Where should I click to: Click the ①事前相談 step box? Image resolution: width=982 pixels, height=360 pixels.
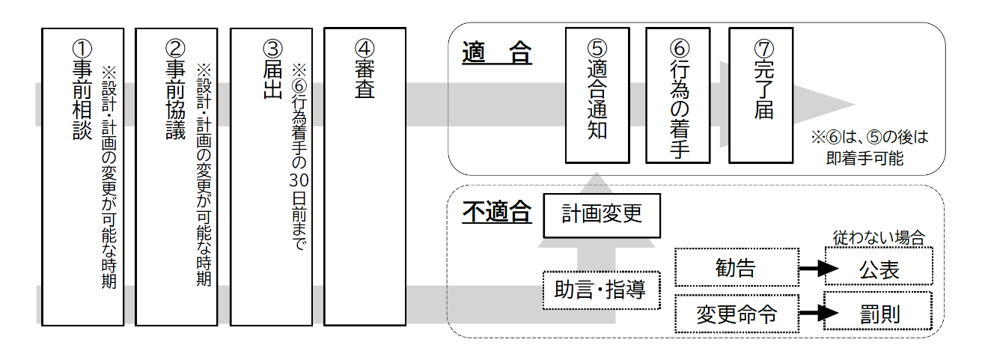(x=82, y=177)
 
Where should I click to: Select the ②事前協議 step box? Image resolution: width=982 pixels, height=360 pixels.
(x=175, y=177)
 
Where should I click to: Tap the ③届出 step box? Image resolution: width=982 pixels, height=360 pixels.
(x=270, y=177)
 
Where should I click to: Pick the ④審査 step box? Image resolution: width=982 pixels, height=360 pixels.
(x=365, y=177)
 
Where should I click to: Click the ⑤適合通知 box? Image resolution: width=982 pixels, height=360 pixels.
(x=597, y=95)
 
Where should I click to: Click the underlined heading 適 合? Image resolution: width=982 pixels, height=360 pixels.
(x=496, y=54)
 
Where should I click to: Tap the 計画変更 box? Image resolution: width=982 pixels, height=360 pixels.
(x=602, y=215)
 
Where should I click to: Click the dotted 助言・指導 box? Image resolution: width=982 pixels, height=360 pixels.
(x=602, y=290)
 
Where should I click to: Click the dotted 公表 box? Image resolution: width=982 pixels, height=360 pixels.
(x=879, y=267)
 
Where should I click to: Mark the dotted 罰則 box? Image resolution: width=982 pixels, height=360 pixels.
(x=879, y=314)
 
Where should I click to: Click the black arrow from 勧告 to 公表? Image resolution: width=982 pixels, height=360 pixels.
(x=819, y=267)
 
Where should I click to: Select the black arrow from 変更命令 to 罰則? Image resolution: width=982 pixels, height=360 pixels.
(x=819, y=314)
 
